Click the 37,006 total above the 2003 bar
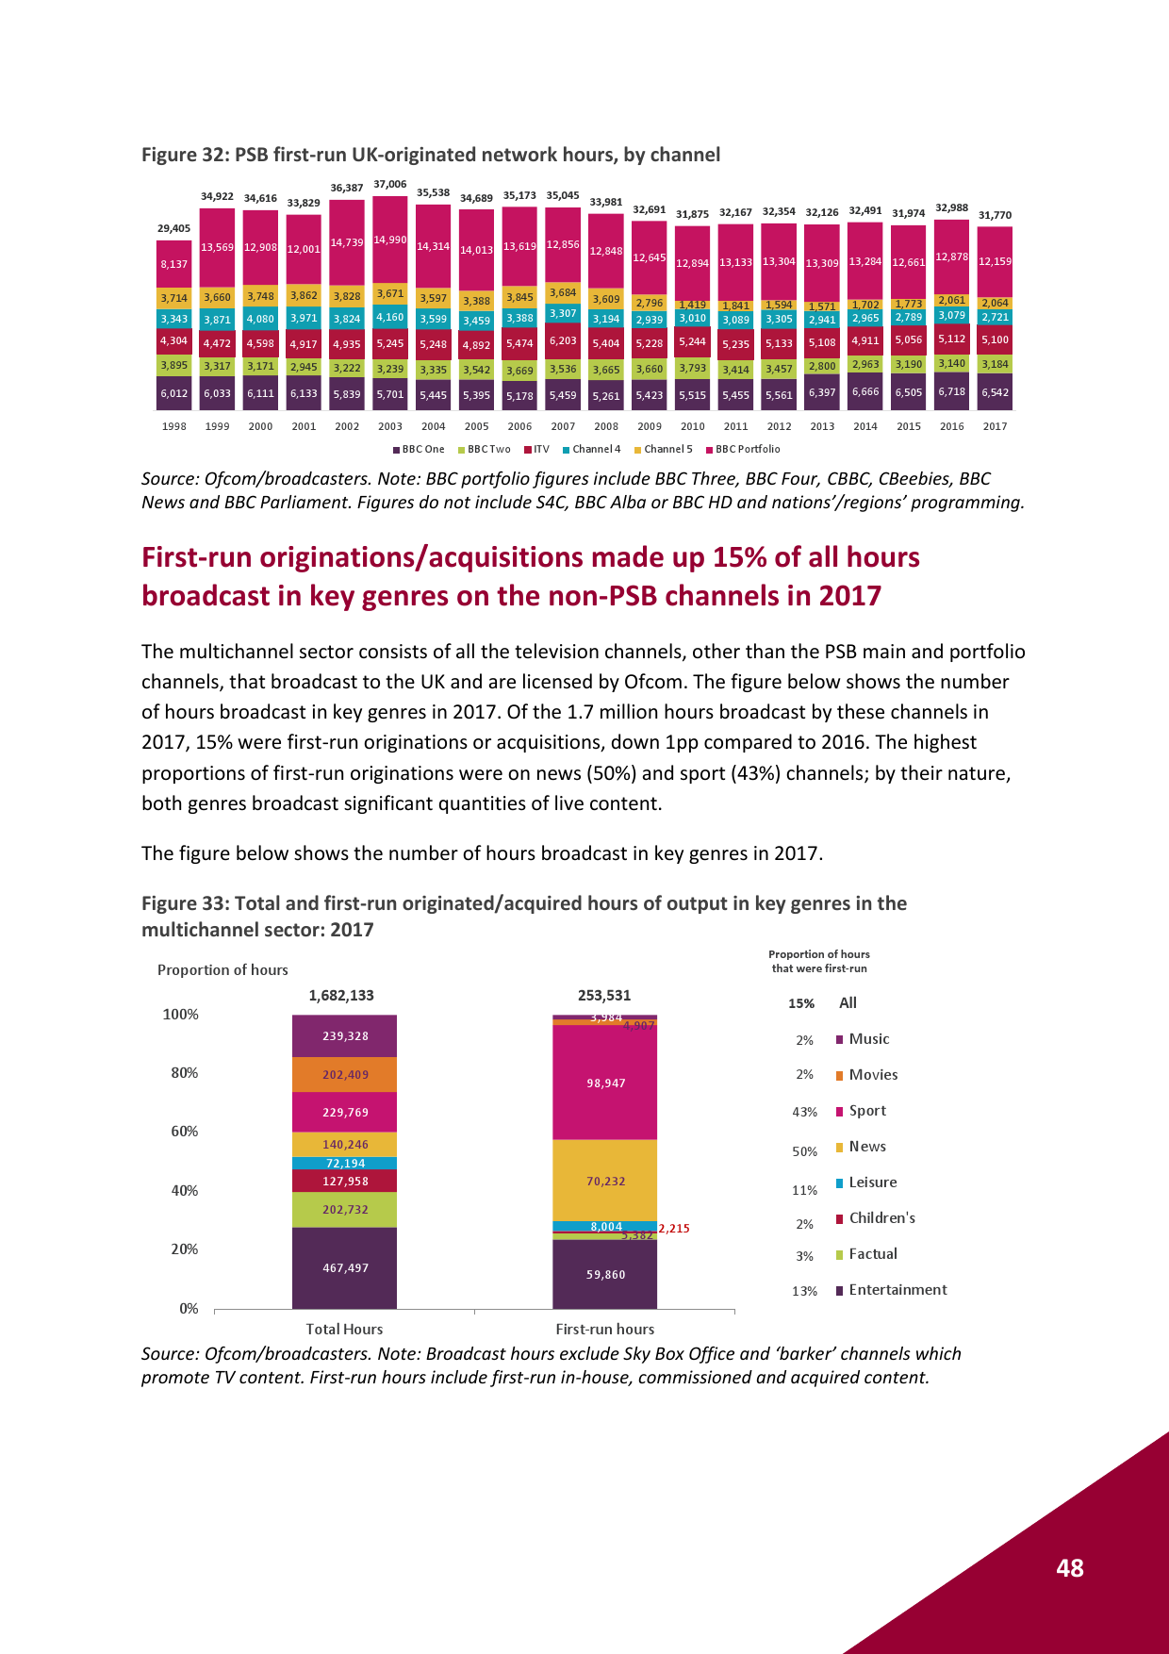(x=390, y=184)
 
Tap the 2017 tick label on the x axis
(x=995, y=426)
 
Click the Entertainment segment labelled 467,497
(x=345, y=1267)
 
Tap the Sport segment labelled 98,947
(x=605, y=1083)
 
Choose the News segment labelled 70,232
(x=605, y=1181)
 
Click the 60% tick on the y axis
(x=184, y=1131)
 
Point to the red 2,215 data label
(x=674, y=1228)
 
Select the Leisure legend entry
(x=872, y=1182)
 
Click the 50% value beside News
(x=804, y=1151)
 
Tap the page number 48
(x=1070, y=1567)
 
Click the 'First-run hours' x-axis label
(x=604, y=1329)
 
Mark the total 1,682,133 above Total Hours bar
(x=341, y=995)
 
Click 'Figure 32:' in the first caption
(x=184, y=155)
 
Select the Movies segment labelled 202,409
(x=345, y=1074)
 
